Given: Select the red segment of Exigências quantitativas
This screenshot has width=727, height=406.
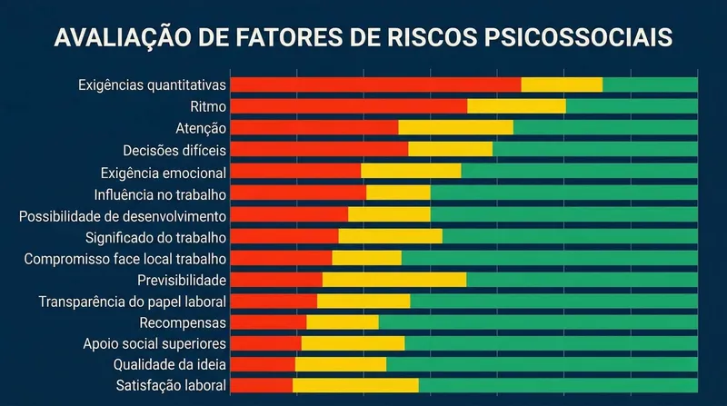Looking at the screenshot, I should click(375, 84).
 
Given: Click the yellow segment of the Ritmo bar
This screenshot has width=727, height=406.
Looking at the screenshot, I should click(516, 106).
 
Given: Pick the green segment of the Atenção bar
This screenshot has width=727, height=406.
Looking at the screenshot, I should click(605, 128).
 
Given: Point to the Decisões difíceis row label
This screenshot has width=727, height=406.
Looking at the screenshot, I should click(174, 150).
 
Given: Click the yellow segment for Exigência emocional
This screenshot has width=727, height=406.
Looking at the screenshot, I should click(411, 171).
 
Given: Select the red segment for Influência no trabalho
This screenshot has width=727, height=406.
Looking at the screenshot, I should click(298, 193).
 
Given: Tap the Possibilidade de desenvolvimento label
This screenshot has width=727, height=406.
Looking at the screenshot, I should click(123, 216).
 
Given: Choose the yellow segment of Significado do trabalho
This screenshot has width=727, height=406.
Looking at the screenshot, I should click(390, 237).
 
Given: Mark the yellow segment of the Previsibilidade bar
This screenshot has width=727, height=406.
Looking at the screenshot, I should click(393, 280).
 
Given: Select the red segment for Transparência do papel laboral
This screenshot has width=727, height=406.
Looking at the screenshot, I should click(274, 301).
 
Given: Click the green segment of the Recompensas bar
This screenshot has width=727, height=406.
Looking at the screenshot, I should click(538, 322).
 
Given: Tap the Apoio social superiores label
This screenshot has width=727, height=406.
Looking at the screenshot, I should click(154, 343).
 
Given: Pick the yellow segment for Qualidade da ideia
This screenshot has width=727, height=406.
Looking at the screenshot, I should click(340, 364).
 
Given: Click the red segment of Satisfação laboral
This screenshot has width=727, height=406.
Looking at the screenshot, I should click(261, 386).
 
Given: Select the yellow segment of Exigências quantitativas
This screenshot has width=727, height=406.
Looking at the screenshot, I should click(562, 84).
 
